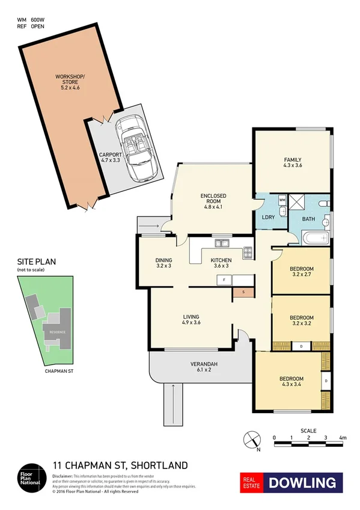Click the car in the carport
point(139,147)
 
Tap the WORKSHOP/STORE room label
point(70,82)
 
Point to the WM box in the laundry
point(282,200)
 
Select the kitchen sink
point(222,243)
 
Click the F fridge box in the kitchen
point(224,280)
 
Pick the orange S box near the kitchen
point(243,292)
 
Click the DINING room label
point(164,262)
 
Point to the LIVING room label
point(192,320)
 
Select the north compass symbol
point(252,440)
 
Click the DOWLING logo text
point(302,482)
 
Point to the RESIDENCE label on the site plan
point(58,332)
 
